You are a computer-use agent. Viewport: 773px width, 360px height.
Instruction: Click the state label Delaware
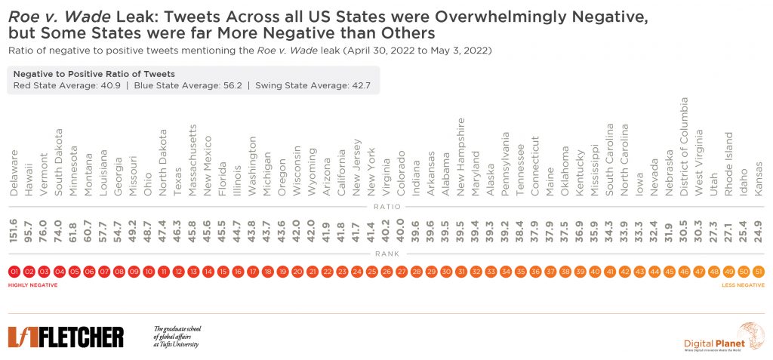14,173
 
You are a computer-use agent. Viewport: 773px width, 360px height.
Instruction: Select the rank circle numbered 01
14,271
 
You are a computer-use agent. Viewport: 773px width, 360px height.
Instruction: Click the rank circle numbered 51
758,271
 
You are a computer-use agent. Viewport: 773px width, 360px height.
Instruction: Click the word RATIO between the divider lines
386,206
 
